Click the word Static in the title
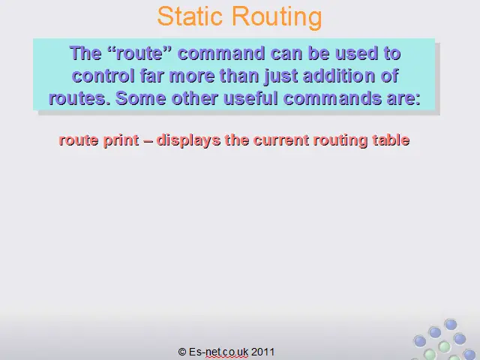tap(190, 16)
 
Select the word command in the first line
tap(221, 53)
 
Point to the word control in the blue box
tap(103, 75)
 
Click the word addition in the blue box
tap(339, 75)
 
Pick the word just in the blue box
tap(280, 76)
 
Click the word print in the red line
tap(121, 141)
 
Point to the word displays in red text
tap(188, 141)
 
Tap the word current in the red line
tap(281, 140)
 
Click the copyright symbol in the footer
tap(182, 352)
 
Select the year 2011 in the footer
tap(262, 352)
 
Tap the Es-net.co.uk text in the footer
tap(218, 352)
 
